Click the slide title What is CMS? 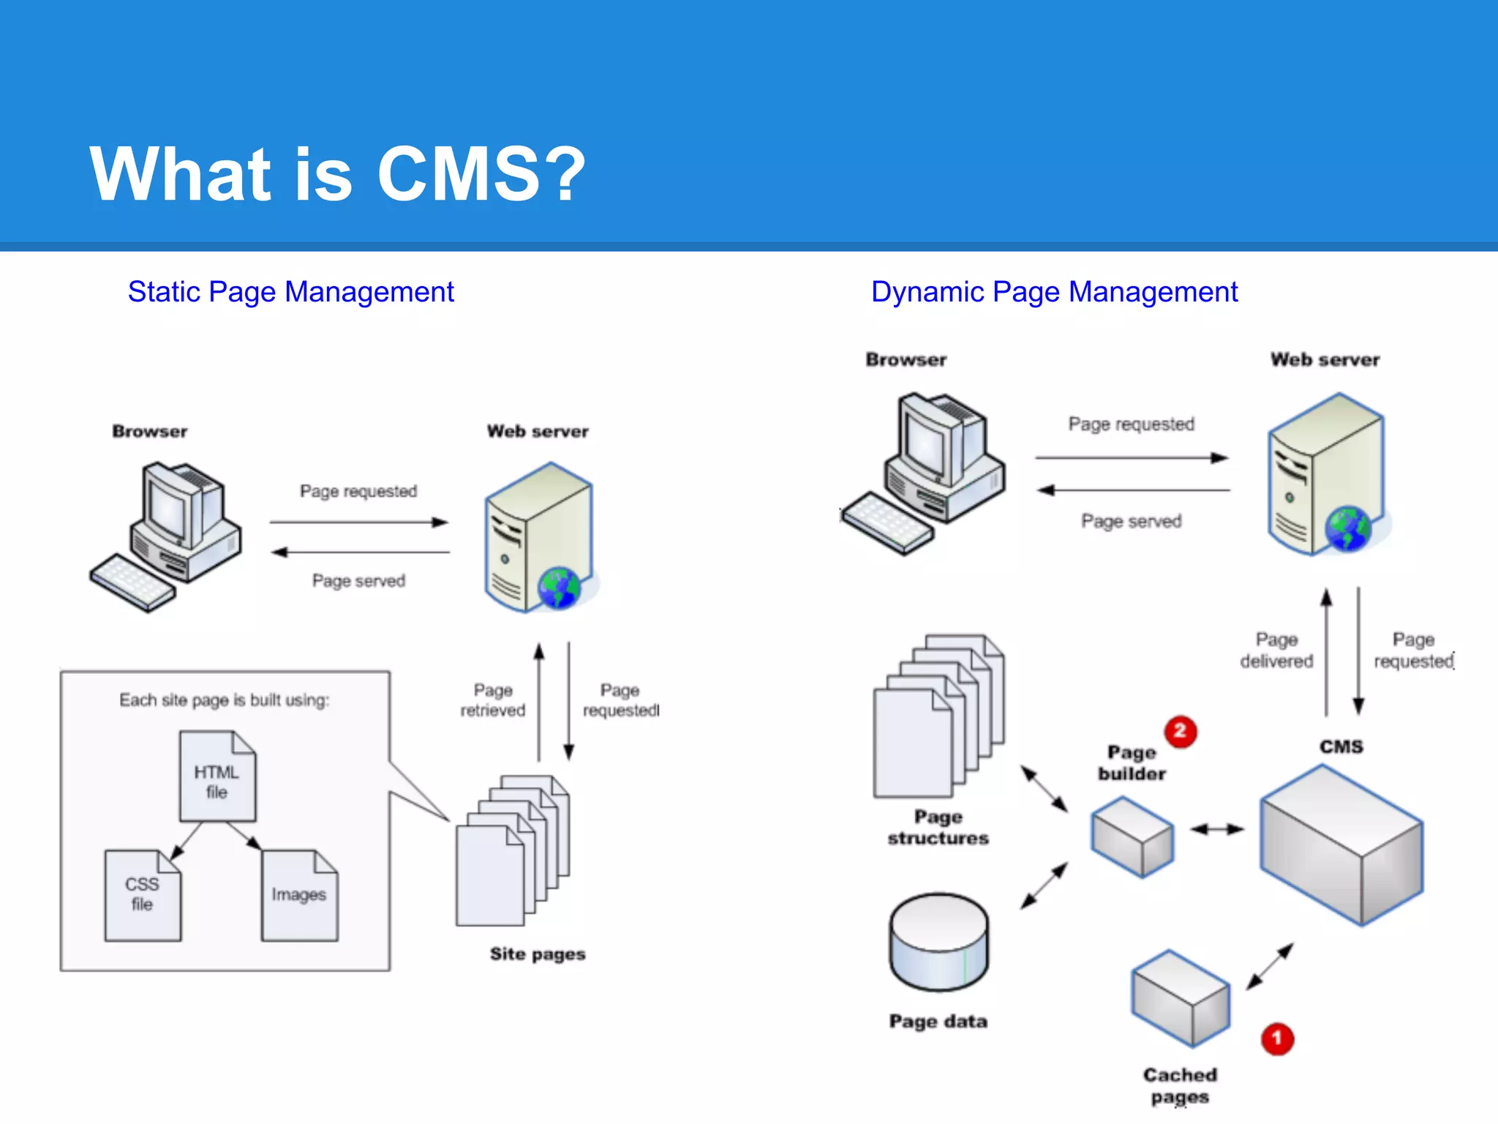pos(337,173)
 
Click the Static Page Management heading pos(290,292)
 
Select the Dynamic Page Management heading pos(1054,292)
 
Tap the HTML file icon pos(217,777)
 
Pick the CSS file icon pos(142,896)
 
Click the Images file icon pos(299,896)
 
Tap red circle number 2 pos(1180,731)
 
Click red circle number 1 pos(1277,1038)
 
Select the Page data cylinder pos(938,943)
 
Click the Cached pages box pos(1180,998)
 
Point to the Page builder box pos(1132,837)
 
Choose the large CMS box pos(1341,845)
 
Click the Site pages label pos(538,954)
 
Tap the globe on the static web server pos(559,588)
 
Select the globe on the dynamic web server pos(1347,528)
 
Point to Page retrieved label pos(492,700)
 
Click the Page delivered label pos(1276,651)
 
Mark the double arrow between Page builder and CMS pos(1216,829)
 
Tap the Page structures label pos(938,828)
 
